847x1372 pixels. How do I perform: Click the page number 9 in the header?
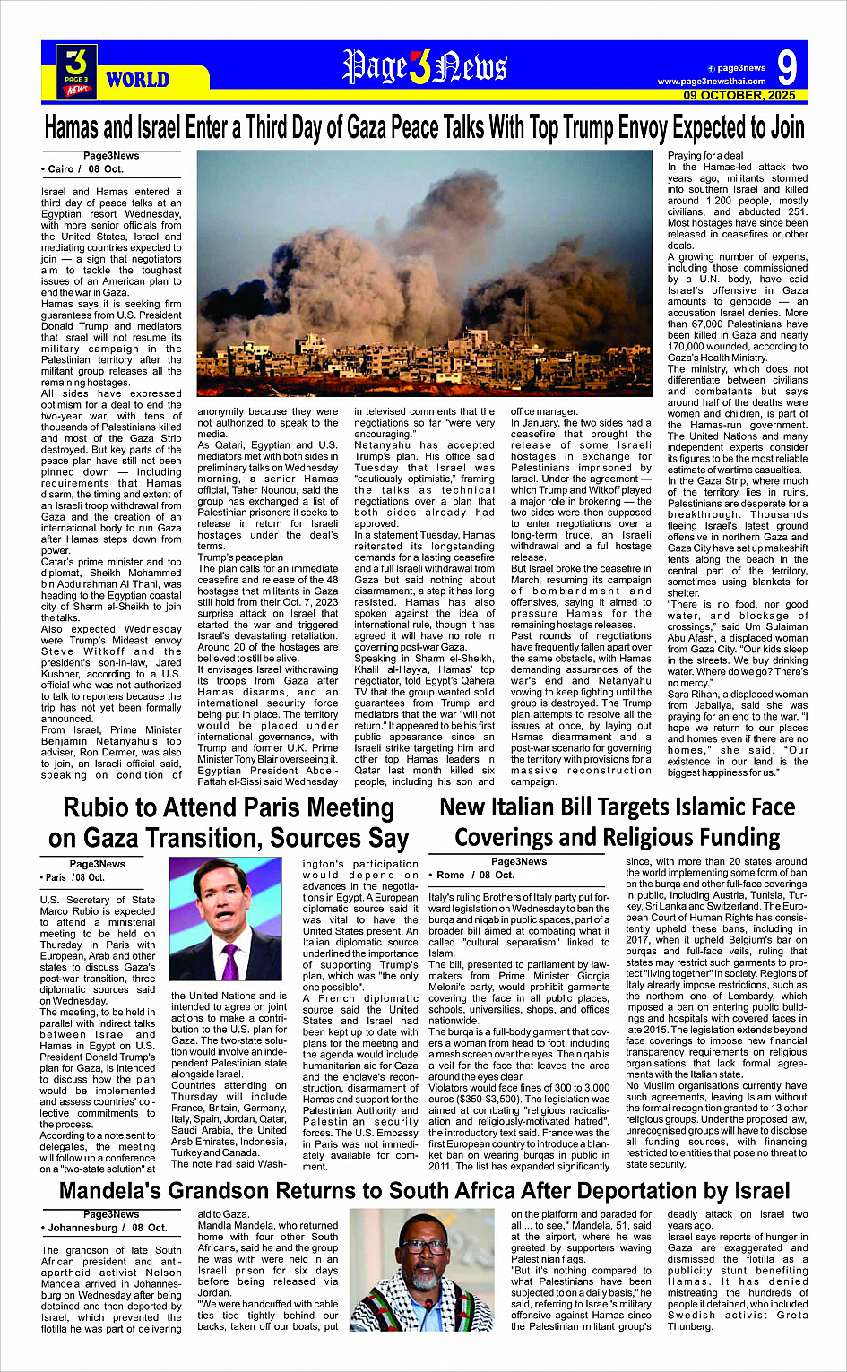click(787, 68)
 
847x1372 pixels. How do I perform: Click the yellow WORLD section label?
click(137, 80)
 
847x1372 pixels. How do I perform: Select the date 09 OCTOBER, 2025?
click(739, 95)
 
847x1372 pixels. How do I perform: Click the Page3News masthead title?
click(425, 67)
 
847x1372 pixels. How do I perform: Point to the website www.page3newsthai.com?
click(712, 82)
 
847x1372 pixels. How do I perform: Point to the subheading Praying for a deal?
click(705, 156)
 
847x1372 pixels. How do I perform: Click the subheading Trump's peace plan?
click(240, 557)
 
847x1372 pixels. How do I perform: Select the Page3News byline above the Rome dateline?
click(519, 861)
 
